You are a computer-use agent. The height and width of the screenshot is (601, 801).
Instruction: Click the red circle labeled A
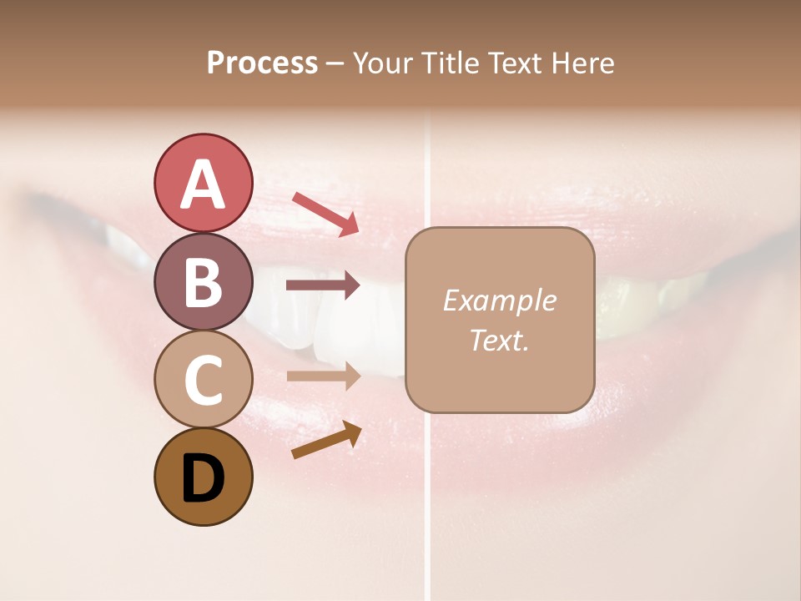203,184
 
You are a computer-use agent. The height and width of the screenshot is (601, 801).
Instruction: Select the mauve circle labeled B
203,281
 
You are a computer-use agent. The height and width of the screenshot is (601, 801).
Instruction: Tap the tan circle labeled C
203,379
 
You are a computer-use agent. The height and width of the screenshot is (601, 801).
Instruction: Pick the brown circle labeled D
203,477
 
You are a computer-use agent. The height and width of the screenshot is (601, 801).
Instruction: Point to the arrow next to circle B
323,285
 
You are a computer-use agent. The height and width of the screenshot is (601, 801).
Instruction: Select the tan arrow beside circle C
323,376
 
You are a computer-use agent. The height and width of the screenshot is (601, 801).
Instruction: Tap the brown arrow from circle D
326,441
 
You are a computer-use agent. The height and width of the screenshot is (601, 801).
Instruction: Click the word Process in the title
262,63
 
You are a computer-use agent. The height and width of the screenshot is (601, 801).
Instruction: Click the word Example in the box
499,300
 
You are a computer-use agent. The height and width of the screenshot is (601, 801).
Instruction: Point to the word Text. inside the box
499,341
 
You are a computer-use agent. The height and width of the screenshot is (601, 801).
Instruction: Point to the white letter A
203,184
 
